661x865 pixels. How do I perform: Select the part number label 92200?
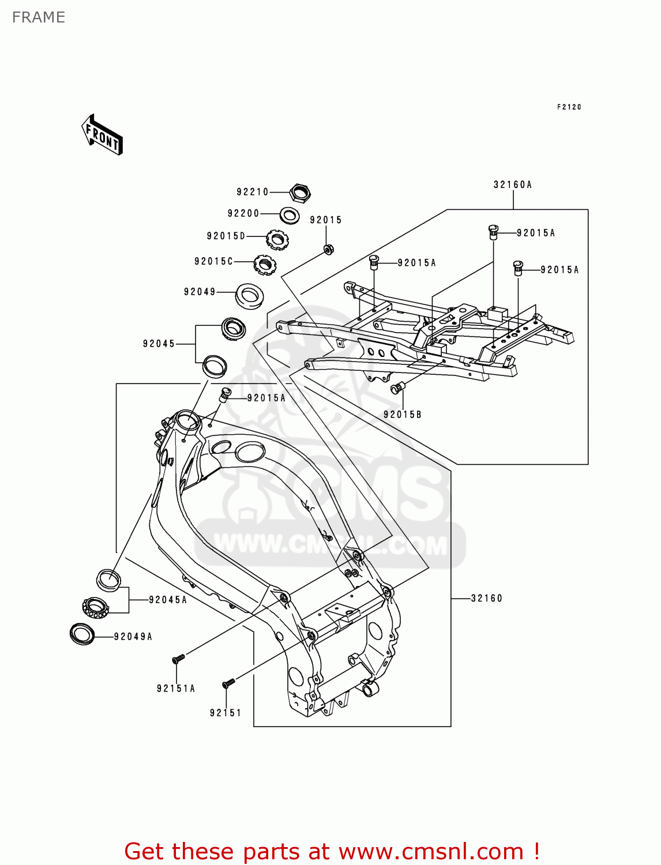point(243,213)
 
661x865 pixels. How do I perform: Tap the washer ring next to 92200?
point(290,216)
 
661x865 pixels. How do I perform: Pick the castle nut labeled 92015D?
point(277,239)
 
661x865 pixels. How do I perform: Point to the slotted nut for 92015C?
point(265,265)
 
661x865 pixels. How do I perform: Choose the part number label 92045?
point(159,344)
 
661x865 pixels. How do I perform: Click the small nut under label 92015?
point(328,250)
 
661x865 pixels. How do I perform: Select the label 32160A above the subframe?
point(513,185)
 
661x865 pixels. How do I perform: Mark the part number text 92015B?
point(403,415)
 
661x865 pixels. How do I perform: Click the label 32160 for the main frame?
point(487,598)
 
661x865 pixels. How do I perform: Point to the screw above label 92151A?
point(178,658)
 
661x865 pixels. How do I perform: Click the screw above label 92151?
point(228,683)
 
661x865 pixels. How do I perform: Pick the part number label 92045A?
point(168,600)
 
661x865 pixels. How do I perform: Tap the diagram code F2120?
point(569,107)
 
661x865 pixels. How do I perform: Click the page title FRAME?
point(39,17)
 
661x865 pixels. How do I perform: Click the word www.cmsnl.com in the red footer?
point(431,851)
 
